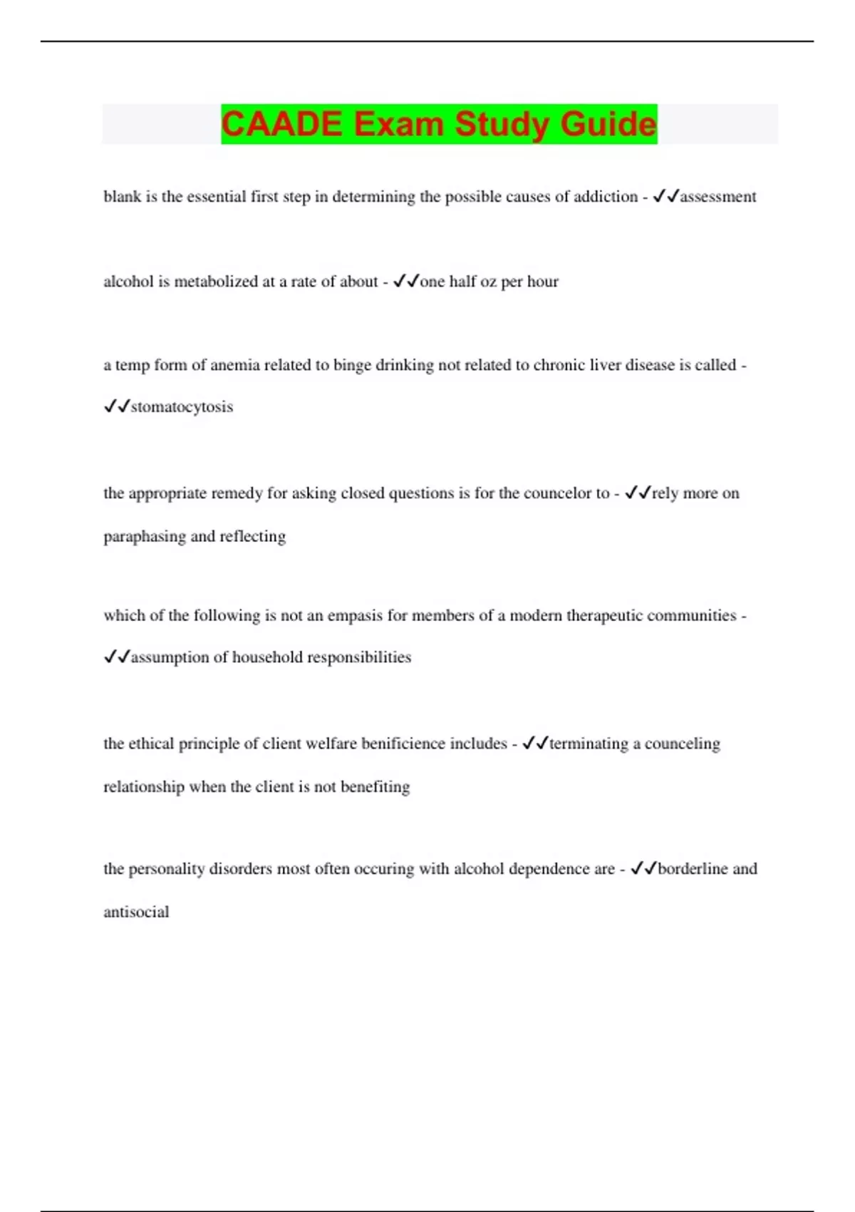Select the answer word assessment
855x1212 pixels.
pyautogui.click(x=718, y=197)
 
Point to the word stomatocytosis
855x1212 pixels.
pyautogui.click(x=182, y=407)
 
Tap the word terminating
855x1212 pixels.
pyautogui.click(x=589, y=744)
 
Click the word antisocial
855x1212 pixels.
pyautogui.click(x=136, y=912)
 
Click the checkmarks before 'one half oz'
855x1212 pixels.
pyautogui.click(x=406, y=282)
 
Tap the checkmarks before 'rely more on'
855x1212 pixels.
pyautogui.click(x=638, y=493)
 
